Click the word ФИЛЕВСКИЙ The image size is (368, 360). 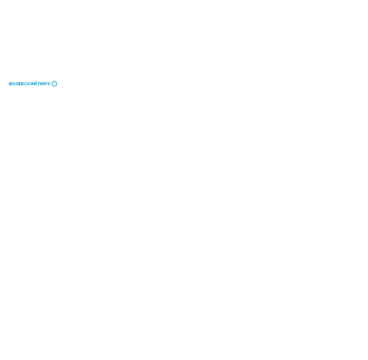coord(23,83)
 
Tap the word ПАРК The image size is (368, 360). coord(44,84)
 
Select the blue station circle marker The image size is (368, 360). coord(54,81)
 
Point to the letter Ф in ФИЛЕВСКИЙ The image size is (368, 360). coord(10,84)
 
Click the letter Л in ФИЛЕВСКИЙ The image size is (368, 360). coord(17,84)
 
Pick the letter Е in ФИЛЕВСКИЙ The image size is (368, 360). coord(20,84)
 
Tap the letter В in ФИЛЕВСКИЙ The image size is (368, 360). coord(23,84)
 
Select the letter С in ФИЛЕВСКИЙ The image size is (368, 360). coord(26,84)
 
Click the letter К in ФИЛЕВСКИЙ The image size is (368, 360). coord(30,84)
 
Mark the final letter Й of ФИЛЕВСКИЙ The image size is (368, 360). coord(35,83)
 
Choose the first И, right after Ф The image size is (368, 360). coord(14,84)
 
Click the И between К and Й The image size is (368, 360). coord(33,84)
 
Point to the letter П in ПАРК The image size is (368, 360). coord(40,84)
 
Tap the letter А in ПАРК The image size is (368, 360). coord(43,84)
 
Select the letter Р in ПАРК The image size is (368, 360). coord(46,84)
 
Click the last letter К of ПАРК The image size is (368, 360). coord(49,84)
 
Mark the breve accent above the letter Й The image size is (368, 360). coord(35,82)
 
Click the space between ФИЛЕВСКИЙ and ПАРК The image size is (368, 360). coord(38,84)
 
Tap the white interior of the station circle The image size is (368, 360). coord(54,83)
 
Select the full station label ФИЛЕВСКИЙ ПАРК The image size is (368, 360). coord(30,83)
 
